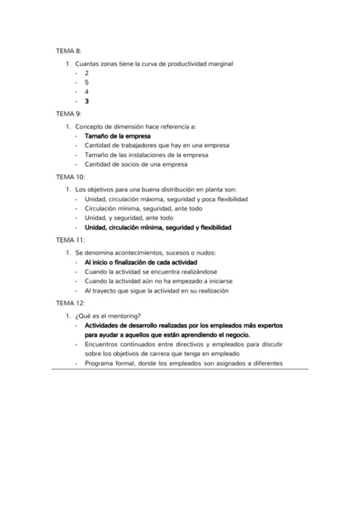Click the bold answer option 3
point(87,101)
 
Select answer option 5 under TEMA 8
point(87,82)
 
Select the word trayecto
point(106,290)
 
